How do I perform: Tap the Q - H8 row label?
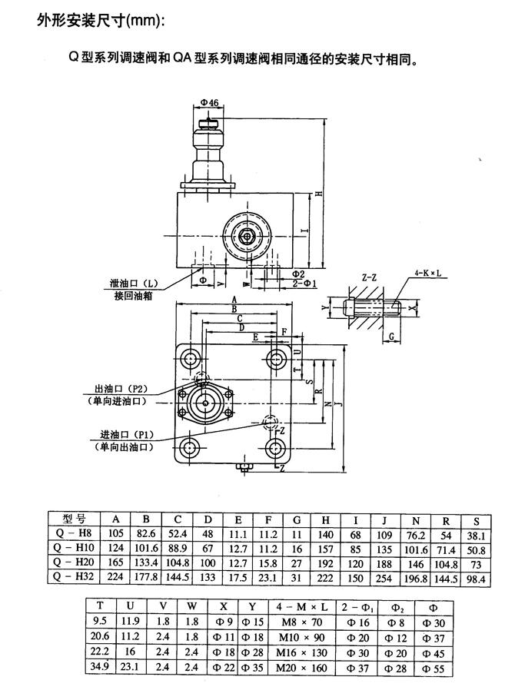(77, 534)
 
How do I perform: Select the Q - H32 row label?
(77, 577)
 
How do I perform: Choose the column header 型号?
(77, 519)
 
